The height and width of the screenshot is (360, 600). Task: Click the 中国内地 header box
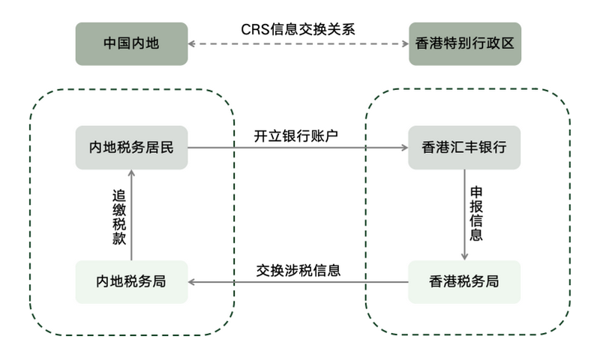[x=131, y=43]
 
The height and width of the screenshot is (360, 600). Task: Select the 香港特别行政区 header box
[x=464, y=43]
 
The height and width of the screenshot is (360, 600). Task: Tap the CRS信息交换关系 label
[x=298, y=29]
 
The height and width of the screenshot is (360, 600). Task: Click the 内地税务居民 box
[x=131, y=147]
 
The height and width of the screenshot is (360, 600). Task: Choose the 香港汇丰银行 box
[x=464, y=147]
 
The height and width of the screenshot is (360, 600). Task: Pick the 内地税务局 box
[x=131, y=282]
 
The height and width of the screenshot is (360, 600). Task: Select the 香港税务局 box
[x=464, y=282]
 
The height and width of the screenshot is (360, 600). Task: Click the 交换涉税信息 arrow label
[x=298, y=270]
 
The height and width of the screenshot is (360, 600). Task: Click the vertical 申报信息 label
[x=475, y=215]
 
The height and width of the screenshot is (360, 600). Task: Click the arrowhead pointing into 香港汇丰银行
[x=403, y=147]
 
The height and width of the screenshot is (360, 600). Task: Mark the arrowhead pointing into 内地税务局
[x=192, y=282]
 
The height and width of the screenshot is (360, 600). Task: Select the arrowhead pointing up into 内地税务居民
[x=131, y=173]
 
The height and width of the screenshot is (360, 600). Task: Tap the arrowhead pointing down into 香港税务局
[x=464, y=256]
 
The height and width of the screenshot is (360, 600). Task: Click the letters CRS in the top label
[x=253, y=29]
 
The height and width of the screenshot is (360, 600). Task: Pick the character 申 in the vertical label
[x=475, y=193]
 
